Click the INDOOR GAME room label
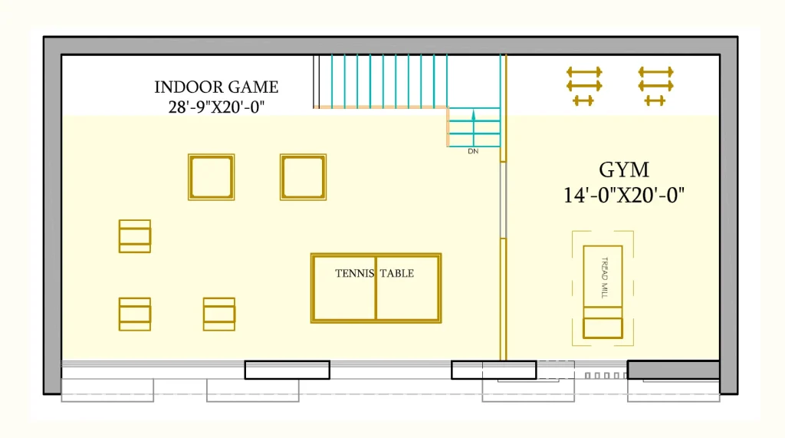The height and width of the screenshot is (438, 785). tap(216, 87)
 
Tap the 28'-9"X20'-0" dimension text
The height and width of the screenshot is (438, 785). tap(216, 107)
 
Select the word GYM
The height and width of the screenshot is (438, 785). tap(624, 170)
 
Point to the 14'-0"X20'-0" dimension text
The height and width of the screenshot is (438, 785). tap(624, 195)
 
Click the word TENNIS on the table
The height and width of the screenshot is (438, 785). tap(354, 273)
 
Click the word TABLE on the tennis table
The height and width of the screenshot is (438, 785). tap(397, 273)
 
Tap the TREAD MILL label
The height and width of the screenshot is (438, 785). tap(604, 278)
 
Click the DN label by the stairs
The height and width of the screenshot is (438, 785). tap(473, 151)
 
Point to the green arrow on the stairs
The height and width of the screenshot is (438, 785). tap(474, 128)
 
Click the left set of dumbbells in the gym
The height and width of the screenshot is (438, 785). tap(584, 86)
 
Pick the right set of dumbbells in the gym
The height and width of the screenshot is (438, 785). tap(656, 86)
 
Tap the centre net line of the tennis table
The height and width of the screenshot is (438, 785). tap(376, 288)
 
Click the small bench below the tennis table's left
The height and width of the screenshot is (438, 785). tap(219, 315)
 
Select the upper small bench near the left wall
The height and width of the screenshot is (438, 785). tap(135, 236)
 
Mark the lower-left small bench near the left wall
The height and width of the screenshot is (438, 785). tap(135, 315)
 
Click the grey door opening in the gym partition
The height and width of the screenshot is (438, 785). tap(503, 200)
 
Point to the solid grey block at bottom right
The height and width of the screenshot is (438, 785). tap(674, 370)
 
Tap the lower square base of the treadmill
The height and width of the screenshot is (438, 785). tap(603, 328)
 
